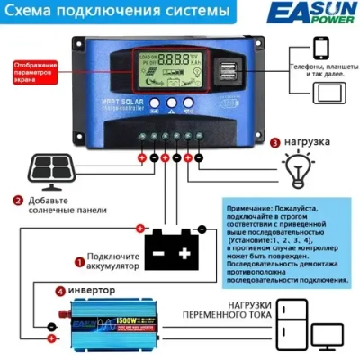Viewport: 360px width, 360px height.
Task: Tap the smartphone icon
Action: pos(311,53)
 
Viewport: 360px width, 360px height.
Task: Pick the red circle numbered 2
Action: pos(17,202)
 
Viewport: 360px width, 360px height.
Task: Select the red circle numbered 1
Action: pos(79,263)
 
